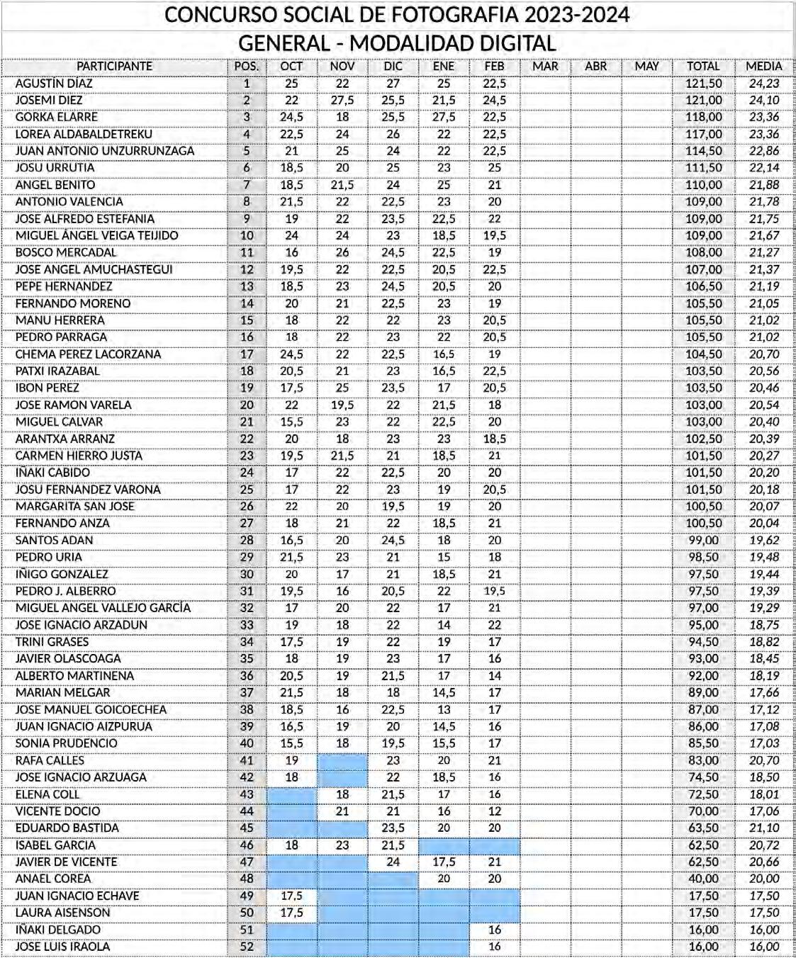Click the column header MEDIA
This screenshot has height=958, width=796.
[x=763, y=66]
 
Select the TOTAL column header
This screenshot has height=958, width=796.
[x=703, y=66]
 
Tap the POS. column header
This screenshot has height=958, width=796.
[x=247, y=66]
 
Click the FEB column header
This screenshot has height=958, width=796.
[x=494, y=66]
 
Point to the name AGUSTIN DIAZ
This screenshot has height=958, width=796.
[x=54, y=83]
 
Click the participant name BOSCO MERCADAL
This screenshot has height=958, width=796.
[x=66, y=252]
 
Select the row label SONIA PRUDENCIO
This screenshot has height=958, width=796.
[x=67, y=743]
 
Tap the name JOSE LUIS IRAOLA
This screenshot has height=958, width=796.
[x=62, y=947]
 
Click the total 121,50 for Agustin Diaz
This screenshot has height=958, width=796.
[x=703, y=83]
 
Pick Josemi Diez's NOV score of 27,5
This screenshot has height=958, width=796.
[x=342, y=100]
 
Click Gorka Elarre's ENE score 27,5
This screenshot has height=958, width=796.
[x=444, y=117]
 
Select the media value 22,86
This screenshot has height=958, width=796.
[x=763, y=151]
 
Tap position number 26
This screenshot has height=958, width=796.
[x=247, y=506]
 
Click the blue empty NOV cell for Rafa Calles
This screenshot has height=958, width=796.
[x=342, y=760]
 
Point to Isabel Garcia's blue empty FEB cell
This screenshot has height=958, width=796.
[x=494, y=845]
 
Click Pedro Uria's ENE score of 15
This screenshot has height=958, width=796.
[x=444, y=557]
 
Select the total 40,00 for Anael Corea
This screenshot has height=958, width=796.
[x=703, y=879]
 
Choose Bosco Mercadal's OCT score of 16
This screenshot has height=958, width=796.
[x=291, y=252]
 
